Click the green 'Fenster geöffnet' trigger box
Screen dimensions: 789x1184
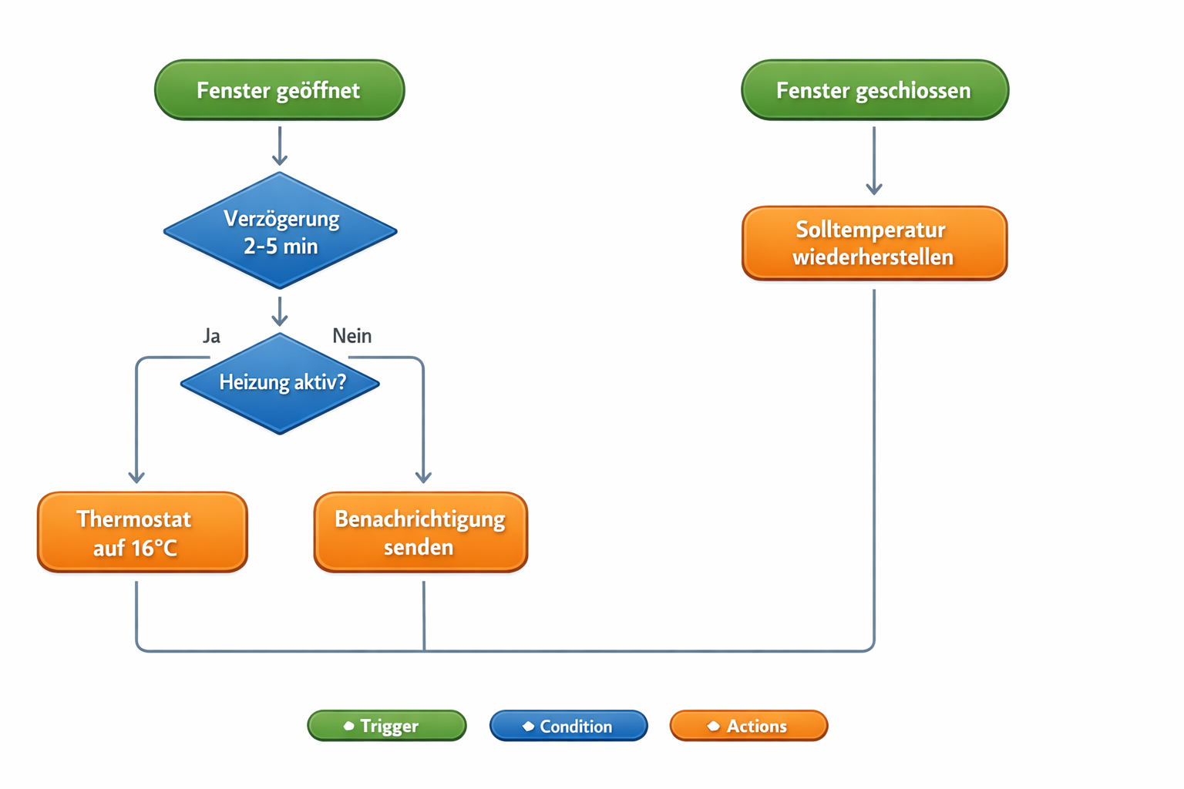[279, 90]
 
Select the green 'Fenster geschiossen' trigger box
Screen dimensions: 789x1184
[874, 90]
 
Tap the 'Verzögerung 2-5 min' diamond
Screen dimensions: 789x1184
[281, 231]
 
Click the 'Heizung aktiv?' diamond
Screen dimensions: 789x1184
[281, 383]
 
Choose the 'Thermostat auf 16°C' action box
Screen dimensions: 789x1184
[143, 532]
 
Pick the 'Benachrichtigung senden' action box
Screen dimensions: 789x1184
[420, 532]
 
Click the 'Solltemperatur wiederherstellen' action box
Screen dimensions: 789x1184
[874, 243]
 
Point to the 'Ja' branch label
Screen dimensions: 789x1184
[211, 336]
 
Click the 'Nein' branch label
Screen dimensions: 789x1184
[351, 336]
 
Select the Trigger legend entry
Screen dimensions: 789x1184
[387, 726]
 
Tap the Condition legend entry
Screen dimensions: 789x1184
[569, 726]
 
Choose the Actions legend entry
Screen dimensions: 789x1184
[748, 726]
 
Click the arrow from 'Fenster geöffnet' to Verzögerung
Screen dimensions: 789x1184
[280, 146]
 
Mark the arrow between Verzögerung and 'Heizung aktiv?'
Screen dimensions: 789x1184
[280, 311]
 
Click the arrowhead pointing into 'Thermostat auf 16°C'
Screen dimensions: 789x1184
[136, 477]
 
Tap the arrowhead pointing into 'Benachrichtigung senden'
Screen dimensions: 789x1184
[423, 477]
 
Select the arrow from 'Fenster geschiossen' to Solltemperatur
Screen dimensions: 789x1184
[874, 162]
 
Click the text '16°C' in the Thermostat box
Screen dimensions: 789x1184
[154, 548]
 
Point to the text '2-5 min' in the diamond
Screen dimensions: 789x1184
[281, 247]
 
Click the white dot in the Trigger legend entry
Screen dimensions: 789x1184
[348, 726]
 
